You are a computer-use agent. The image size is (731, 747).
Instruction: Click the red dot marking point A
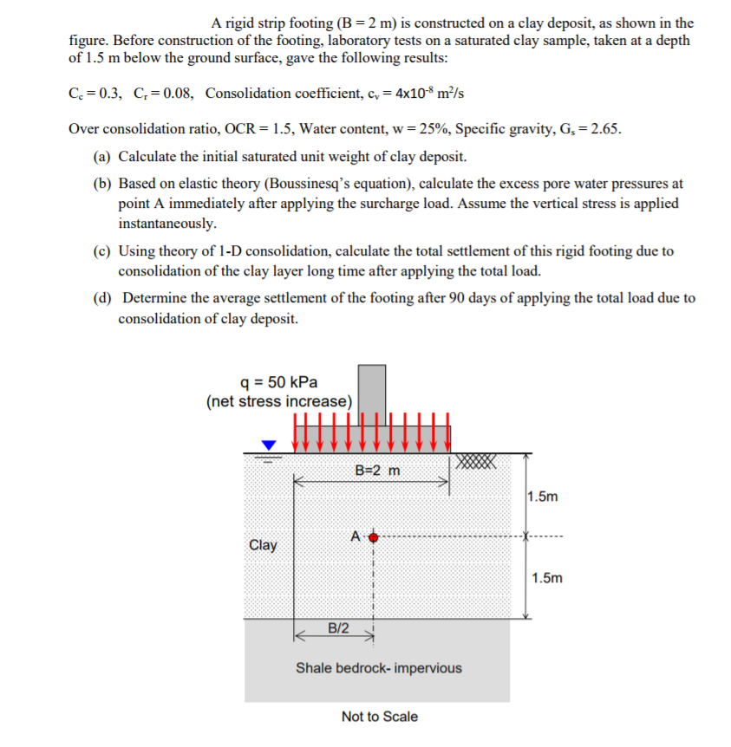coord(374,537)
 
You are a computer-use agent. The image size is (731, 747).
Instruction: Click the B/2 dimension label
coord(338,627)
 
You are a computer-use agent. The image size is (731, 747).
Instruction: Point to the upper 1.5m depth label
coord(543,497)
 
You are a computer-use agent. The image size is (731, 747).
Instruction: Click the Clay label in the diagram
coord(263,545)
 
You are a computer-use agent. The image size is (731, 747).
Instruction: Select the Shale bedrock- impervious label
coord(379,668)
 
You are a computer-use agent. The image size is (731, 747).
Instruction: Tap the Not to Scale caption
coord(379,717)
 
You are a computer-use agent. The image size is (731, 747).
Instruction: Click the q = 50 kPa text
coord(279,382)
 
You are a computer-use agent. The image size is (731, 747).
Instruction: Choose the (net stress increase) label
coord(279,401)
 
